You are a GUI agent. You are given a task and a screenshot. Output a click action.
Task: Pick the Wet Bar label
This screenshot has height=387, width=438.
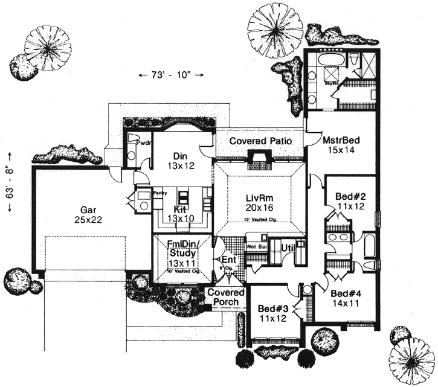(x=256, y=247)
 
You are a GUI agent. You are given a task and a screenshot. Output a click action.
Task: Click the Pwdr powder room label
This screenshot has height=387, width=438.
(x=143, y=143)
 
